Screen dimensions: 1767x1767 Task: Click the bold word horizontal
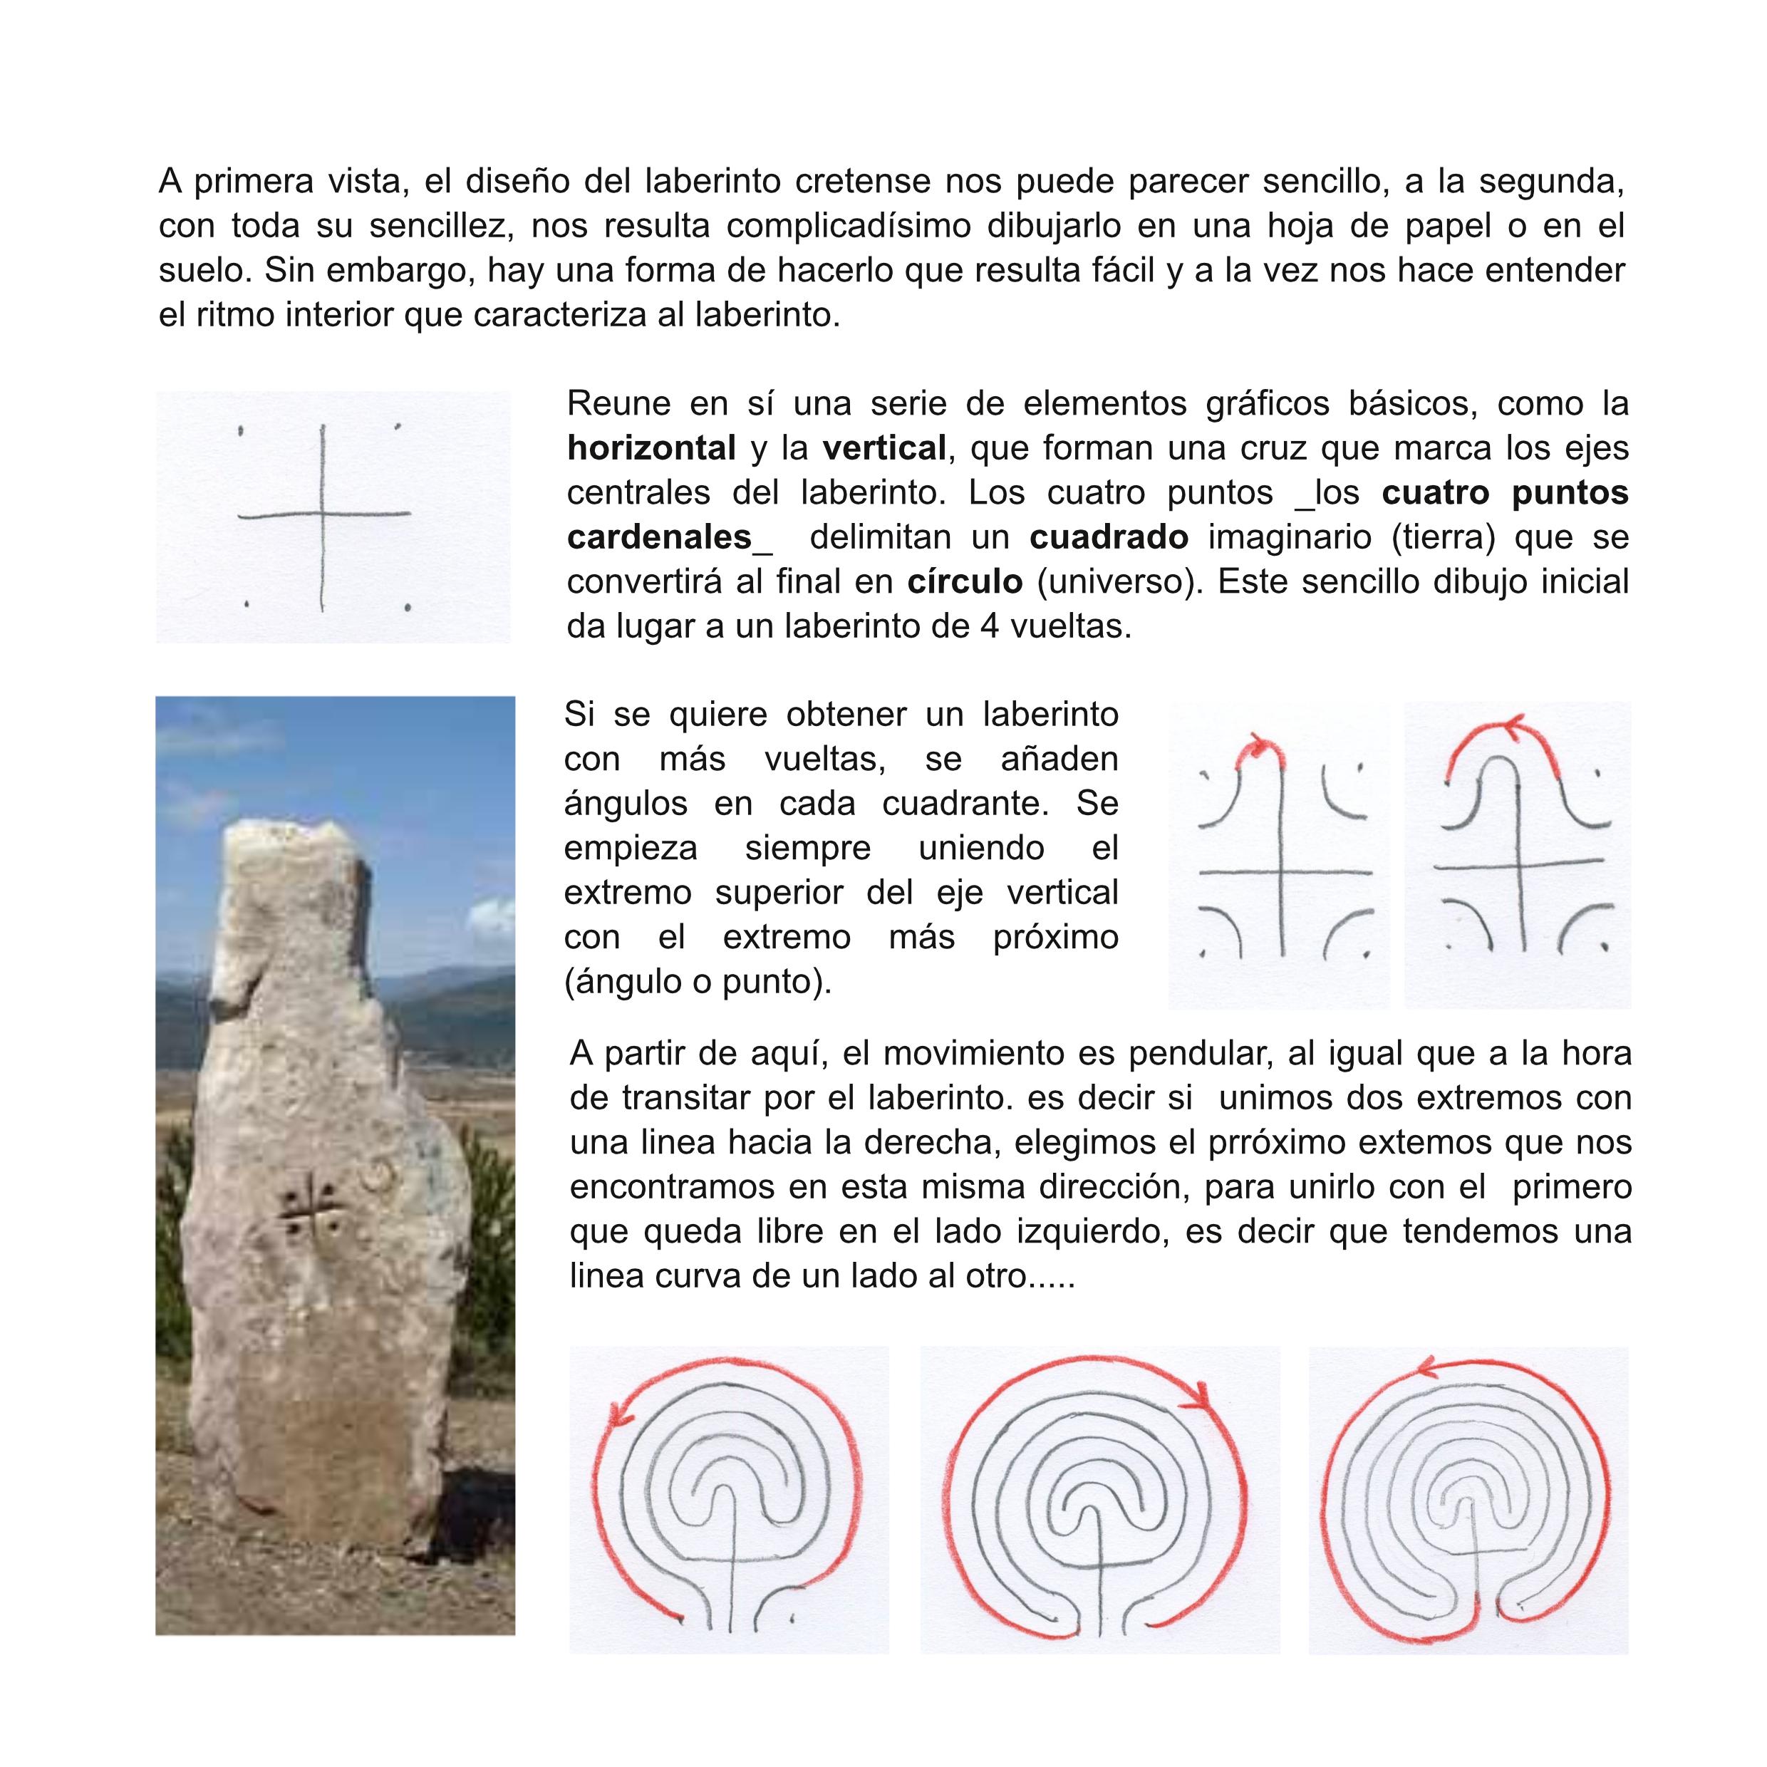(x=651, y=448)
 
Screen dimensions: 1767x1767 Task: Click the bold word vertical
(x=883, y=448)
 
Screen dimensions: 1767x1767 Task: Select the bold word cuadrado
(x=1109, y=537)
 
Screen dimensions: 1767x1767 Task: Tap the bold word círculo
(x=965, y=581)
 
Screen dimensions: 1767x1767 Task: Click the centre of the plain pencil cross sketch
(x=323, y=516)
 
